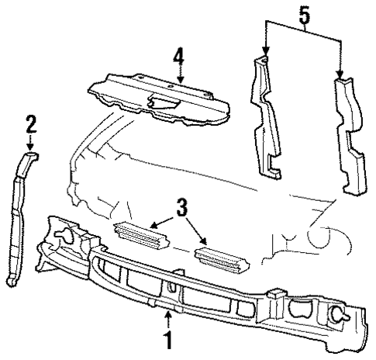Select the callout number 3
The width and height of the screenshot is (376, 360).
[x=181, y=207]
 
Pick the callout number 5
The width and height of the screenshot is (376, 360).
[x=304, y=14]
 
